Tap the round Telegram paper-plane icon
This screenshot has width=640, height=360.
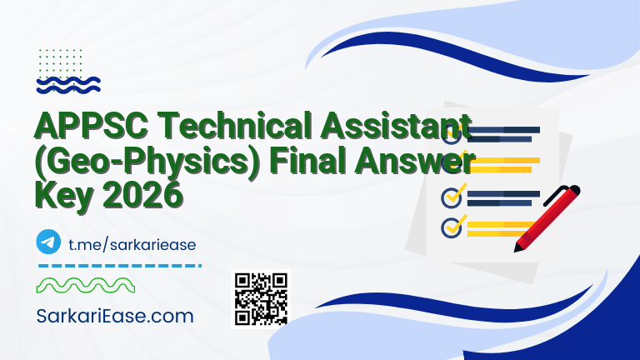(x=49, y=242)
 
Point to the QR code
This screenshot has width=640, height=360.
(x=261, y=298)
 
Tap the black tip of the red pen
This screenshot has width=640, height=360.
(x=520, y=247)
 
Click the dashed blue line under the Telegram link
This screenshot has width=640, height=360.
(x=120, y=266)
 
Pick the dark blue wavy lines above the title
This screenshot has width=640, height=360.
(x=69, y=84)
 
